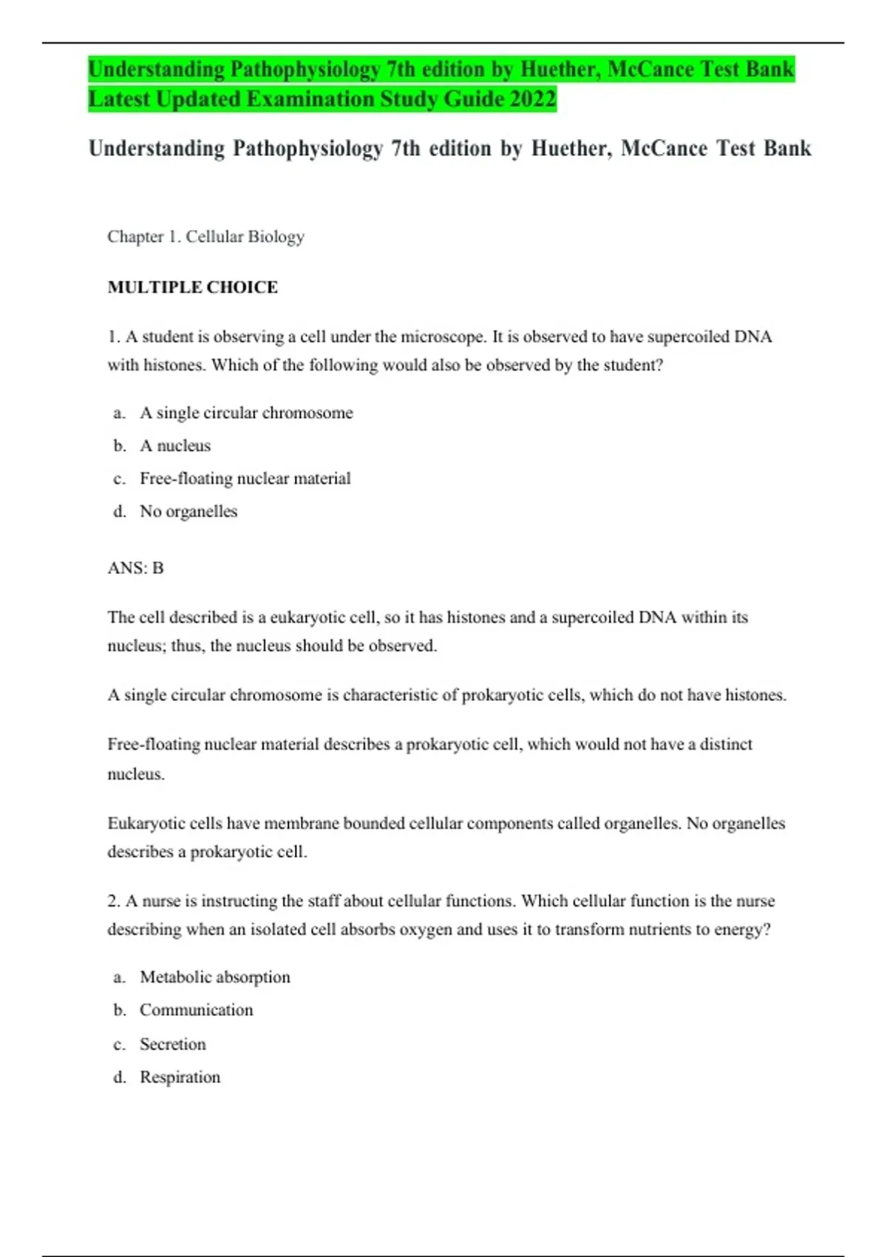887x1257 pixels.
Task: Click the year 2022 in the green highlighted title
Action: point(531,99)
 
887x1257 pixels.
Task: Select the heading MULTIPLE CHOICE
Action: point(192,288)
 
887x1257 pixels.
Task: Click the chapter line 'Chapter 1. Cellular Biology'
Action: point(205,237)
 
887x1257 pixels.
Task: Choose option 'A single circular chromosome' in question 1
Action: point(246,413)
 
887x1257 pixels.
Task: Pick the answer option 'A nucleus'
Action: point(175,446)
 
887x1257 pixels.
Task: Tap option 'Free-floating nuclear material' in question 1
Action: point(245,478)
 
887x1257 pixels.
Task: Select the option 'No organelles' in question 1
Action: point(188,512)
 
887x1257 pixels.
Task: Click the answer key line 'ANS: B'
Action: point(135,568)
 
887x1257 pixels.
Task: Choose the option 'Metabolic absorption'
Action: point(214,978)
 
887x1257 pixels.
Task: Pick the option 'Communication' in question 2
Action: point(196,1010)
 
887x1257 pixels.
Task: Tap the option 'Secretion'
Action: point(172,1044)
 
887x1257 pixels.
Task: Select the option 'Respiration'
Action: point(180,1077)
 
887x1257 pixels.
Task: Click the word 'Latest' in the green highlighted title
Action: point(119,99)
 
